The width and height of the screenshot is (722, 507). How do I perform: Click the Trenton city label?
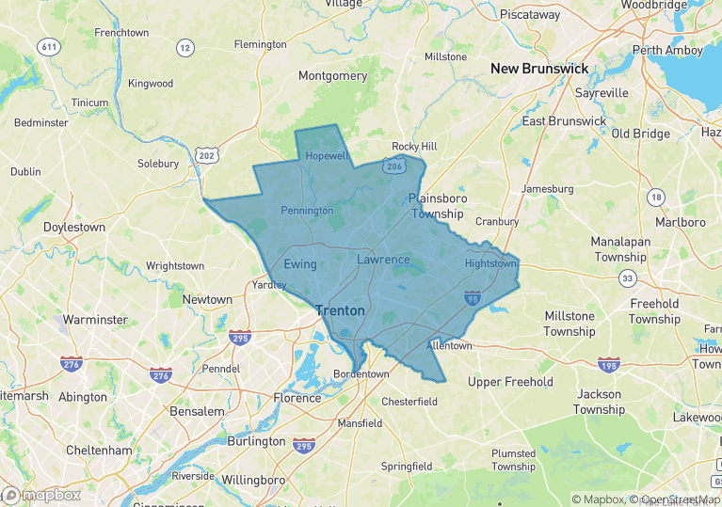pos(340,309)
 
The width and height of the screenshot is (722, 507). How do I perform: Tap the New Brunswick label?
pos(539,69)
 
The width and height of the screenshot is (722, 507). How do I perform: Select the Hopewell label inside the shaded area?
pos(328,156)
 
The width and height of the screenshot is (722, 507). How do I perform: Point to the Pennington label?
pos(307,211)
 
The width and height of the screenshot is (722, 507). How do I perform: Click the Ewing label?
pos(300,264)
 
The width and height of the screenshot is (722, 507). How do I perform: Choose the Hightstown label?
pos(490,264)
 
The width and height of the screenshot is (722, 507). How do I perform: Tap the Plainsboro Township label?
pos(436,206)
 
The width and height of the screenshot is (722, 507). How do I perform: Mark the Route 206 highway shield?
pos(393,166)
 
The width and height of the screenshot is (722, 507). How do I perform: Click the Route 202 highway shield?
pos(207,154)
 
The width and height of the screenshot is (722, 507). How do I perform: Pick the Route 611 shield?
pos(48,46)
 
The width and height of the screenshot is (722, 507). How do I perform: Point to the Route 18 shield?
pos(655,197)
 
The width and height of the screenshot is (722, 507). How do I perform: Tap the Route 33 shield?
pos(628,278)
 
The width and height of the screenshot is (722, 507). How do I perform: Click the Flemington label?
pos(260,44)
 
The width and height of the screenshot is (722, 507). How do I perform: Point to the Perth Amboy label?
pos(667,50)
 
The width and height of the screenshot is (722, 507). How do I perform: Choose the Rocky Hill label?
pos(414,147)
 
